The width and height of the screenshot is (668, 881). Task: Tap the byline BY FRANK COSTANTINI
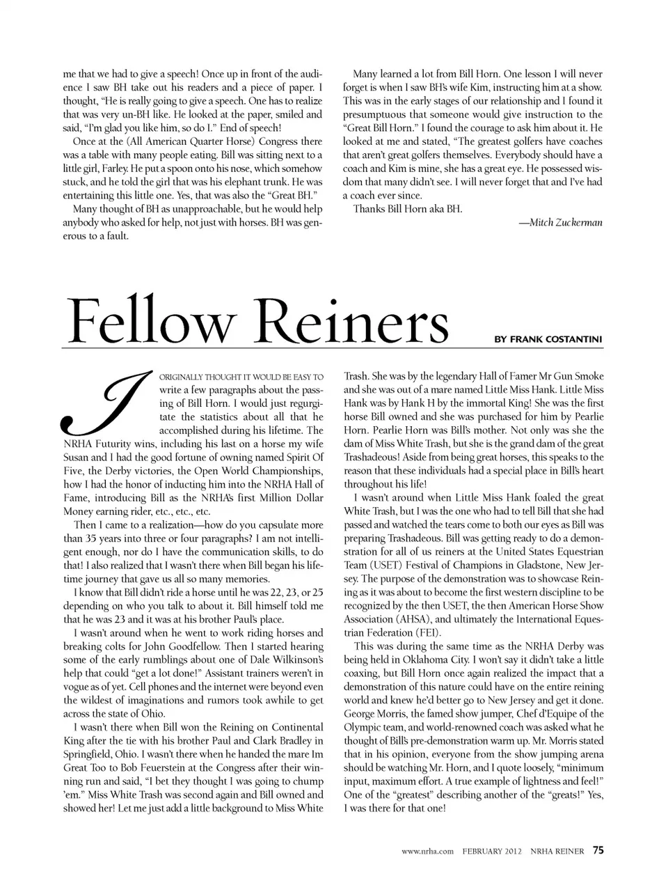click(548, 339)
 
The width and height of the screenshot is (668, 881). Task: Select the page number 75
click(598, 850)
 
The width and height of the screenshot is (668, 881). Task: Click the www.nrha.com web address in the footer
click(428, 851)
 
